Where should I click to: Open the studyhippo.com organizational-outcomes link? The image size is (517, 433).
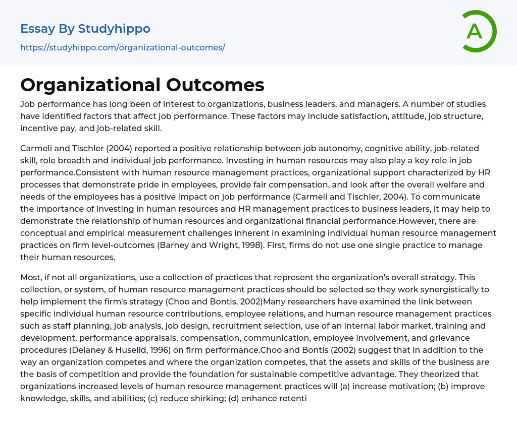pos(123,47)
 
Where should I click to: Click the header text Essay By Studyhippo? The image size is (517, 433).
pos(85,29)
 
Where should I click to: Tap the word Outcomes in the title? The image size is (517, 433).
pos(215,85)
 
